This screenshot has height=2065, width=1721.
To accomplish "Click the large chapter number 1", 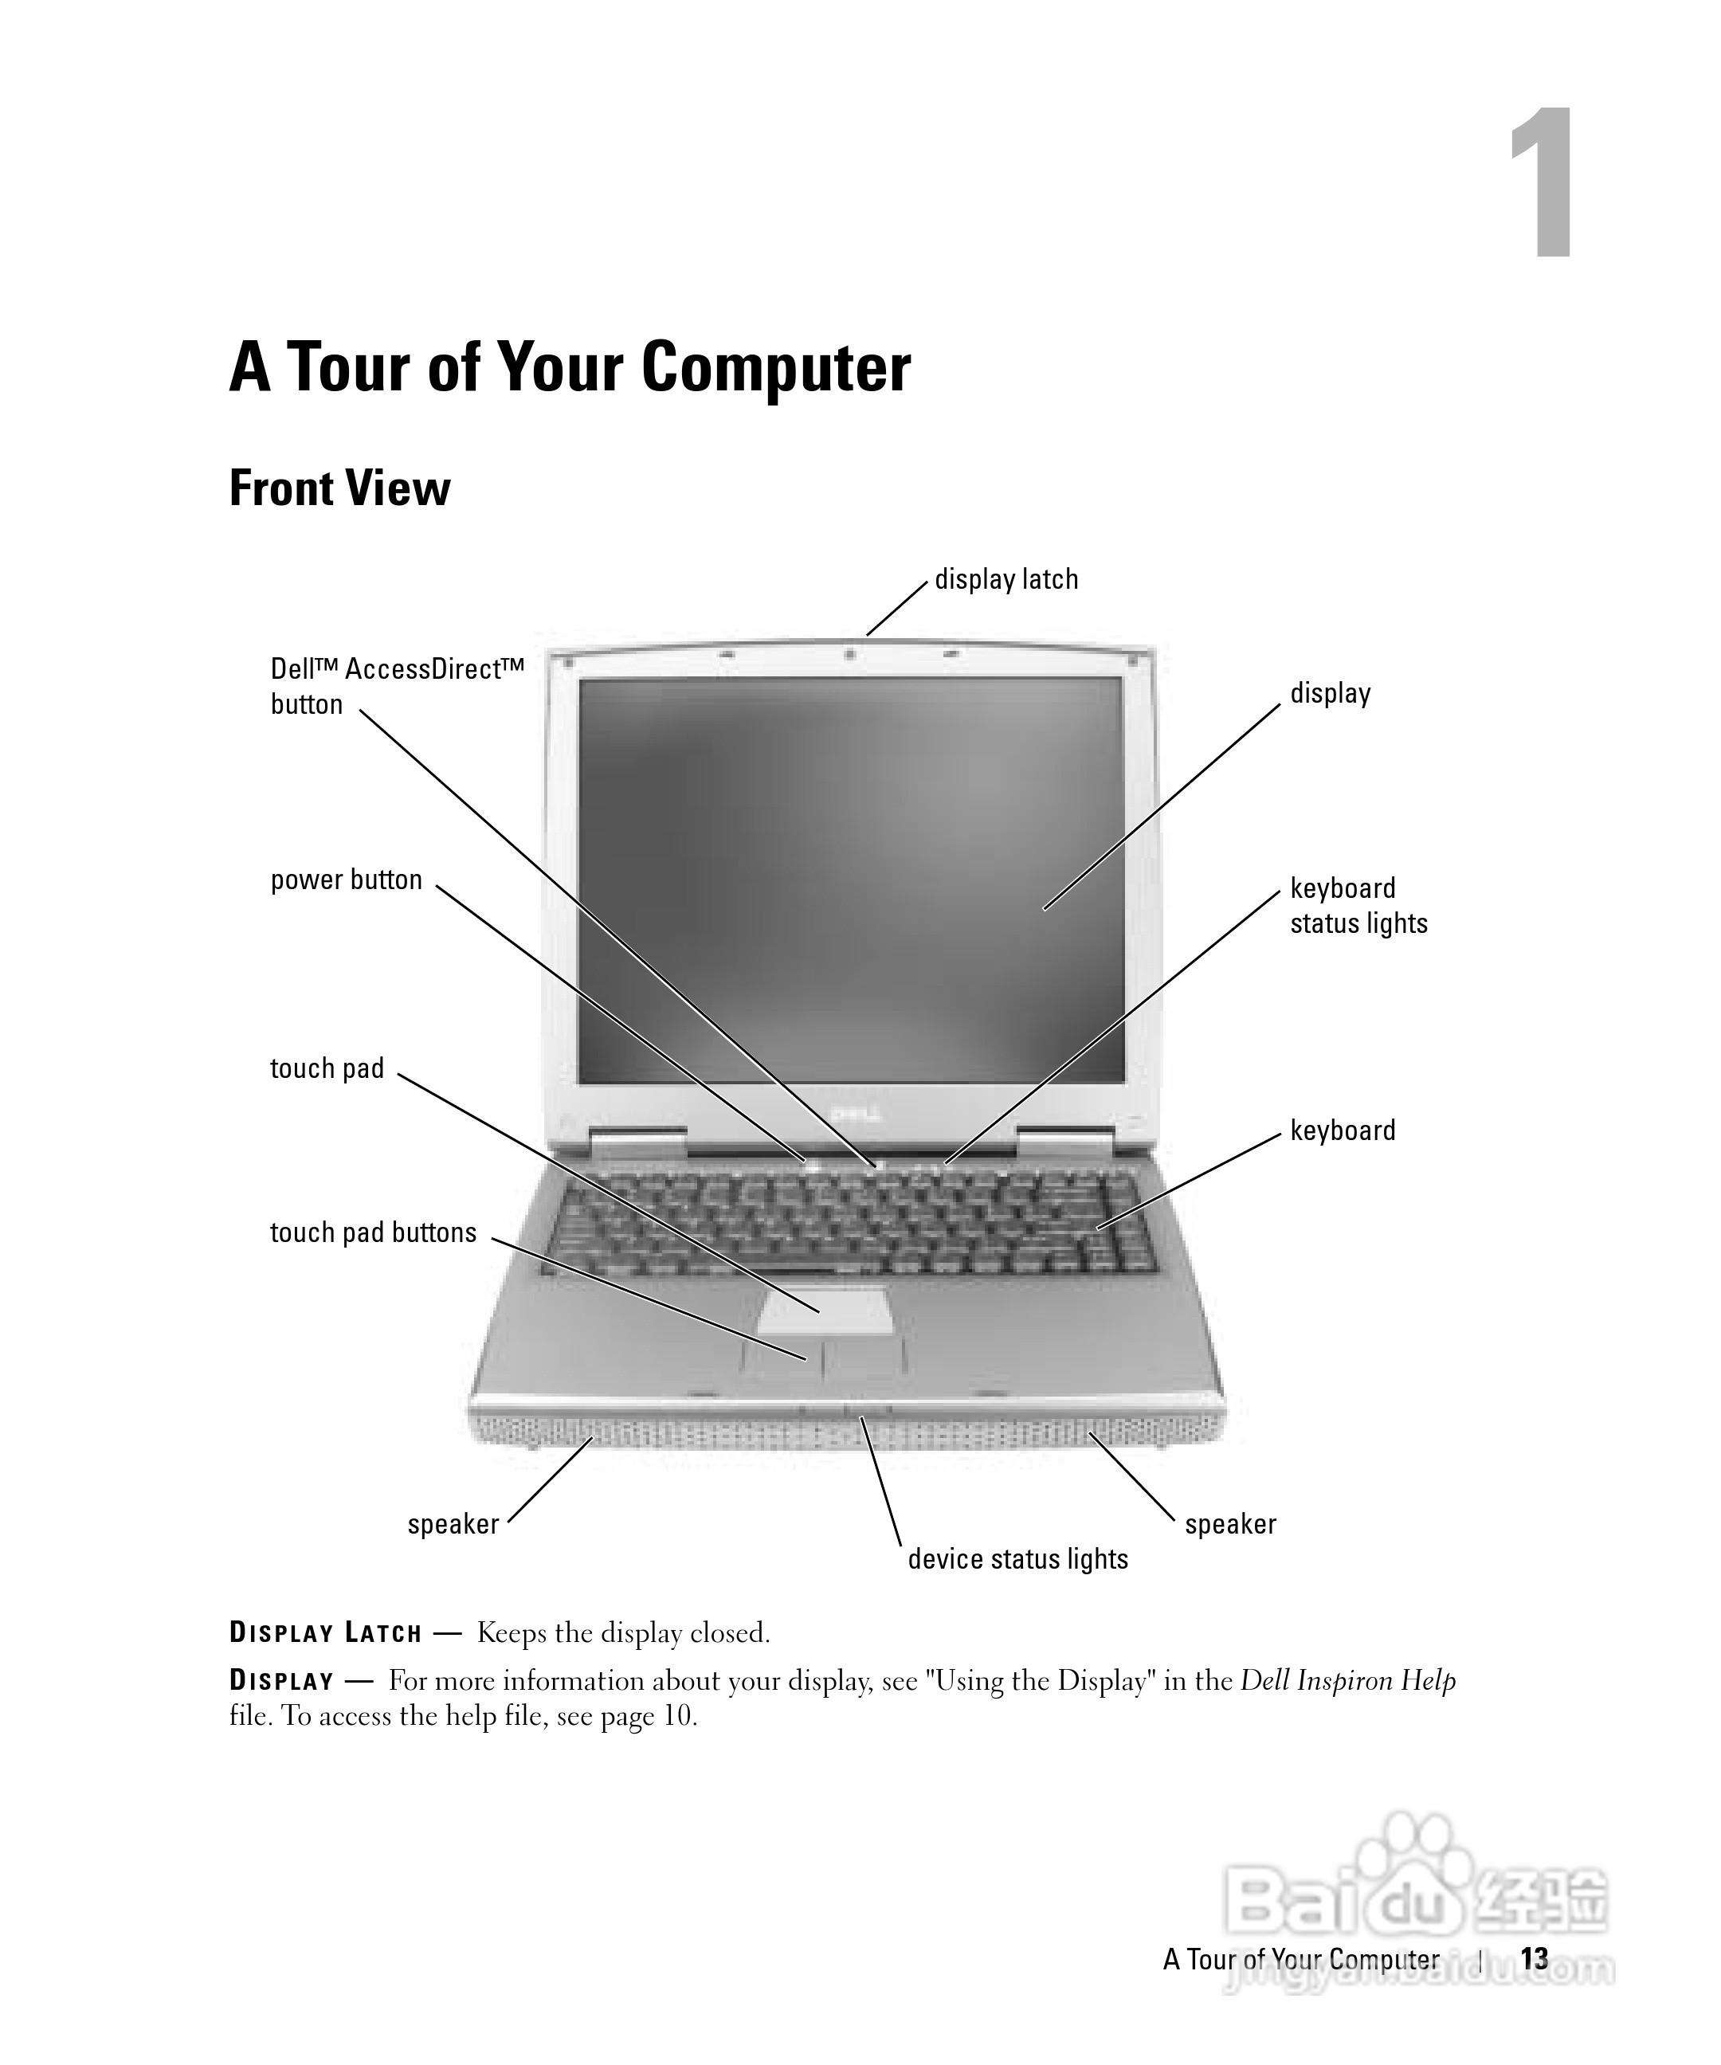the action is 1541,184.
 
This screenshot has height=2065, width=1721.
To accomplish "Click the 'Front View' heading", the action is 339,488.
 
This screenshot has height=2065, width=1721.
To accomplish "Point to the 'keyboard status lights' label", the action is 1357,906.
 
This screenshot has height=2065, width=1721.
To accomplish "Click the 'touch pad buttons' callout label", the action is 373,1232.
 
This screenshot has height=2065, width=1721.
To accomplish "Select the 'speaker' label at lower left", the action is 453,1523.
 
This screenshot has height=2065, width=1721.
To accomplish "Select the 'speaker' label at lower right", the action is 1229,1523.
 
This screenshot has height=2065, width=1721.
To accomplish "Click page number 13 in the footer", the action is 1533,1959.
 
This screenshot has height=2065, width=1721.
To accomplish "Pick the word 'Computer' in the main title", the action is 776,368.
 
